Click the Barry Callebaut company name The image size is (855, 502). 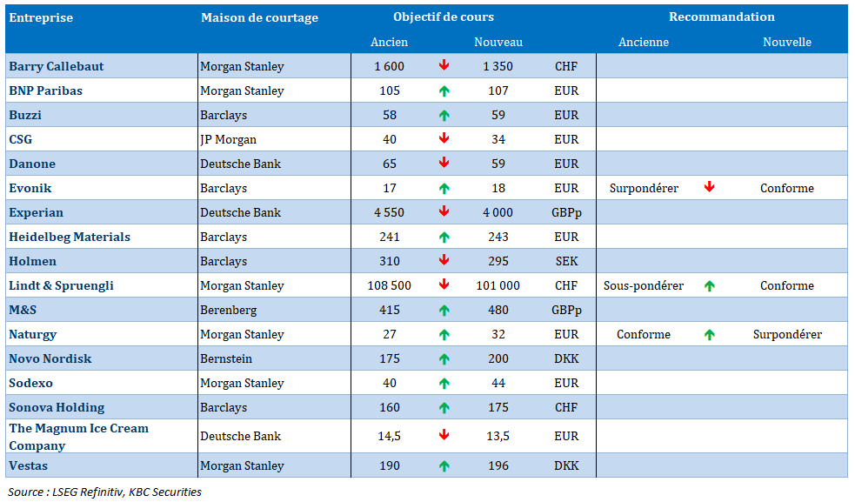(x=57, y=67)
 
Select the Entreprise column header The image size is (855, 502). (x=41, y=17)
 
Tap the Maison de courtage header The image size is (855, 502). (x=259, y=17)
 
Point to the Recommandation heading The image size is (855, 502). (x=721, y=17)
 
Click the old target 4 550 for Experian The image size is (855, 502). (x=389, y=212)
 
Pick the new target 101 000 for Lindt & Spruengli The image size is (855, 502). (x=498, y=285)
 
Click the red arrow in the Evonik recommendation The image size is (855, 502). (x=709, y=187)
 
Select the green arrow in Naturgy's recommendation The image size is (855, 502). (x=709, y=334)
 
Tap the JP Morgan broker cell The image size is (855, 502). (x=228, y=140)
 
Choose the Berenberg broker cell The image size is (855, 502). (x=228, y=310)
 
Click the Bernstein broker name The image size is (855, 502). (x=226, y=358)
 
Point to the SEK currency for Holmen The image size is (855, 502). (x=566, y=261)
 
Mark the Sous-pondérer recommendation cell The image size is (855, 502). (x=644, y=286)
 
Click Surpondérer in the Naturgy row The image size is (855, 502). (x=787, y=334)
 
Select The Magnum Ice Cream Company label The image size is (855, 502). (x=78, y=437)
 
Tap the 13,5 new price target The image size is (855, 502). (x=498, y=437)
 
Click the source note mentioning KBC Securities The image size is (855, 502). (x=104, y=492)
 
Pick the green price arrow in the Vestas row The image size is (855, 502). (x=444, y=466)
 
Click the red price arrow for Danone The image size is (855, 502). (x=444, y=163)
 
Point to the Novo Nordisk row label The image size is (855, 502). (x=50, y=358)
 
